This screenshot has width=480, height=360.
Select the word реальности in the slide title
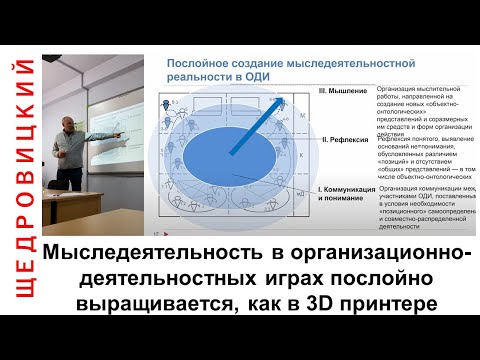point(196,76)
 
